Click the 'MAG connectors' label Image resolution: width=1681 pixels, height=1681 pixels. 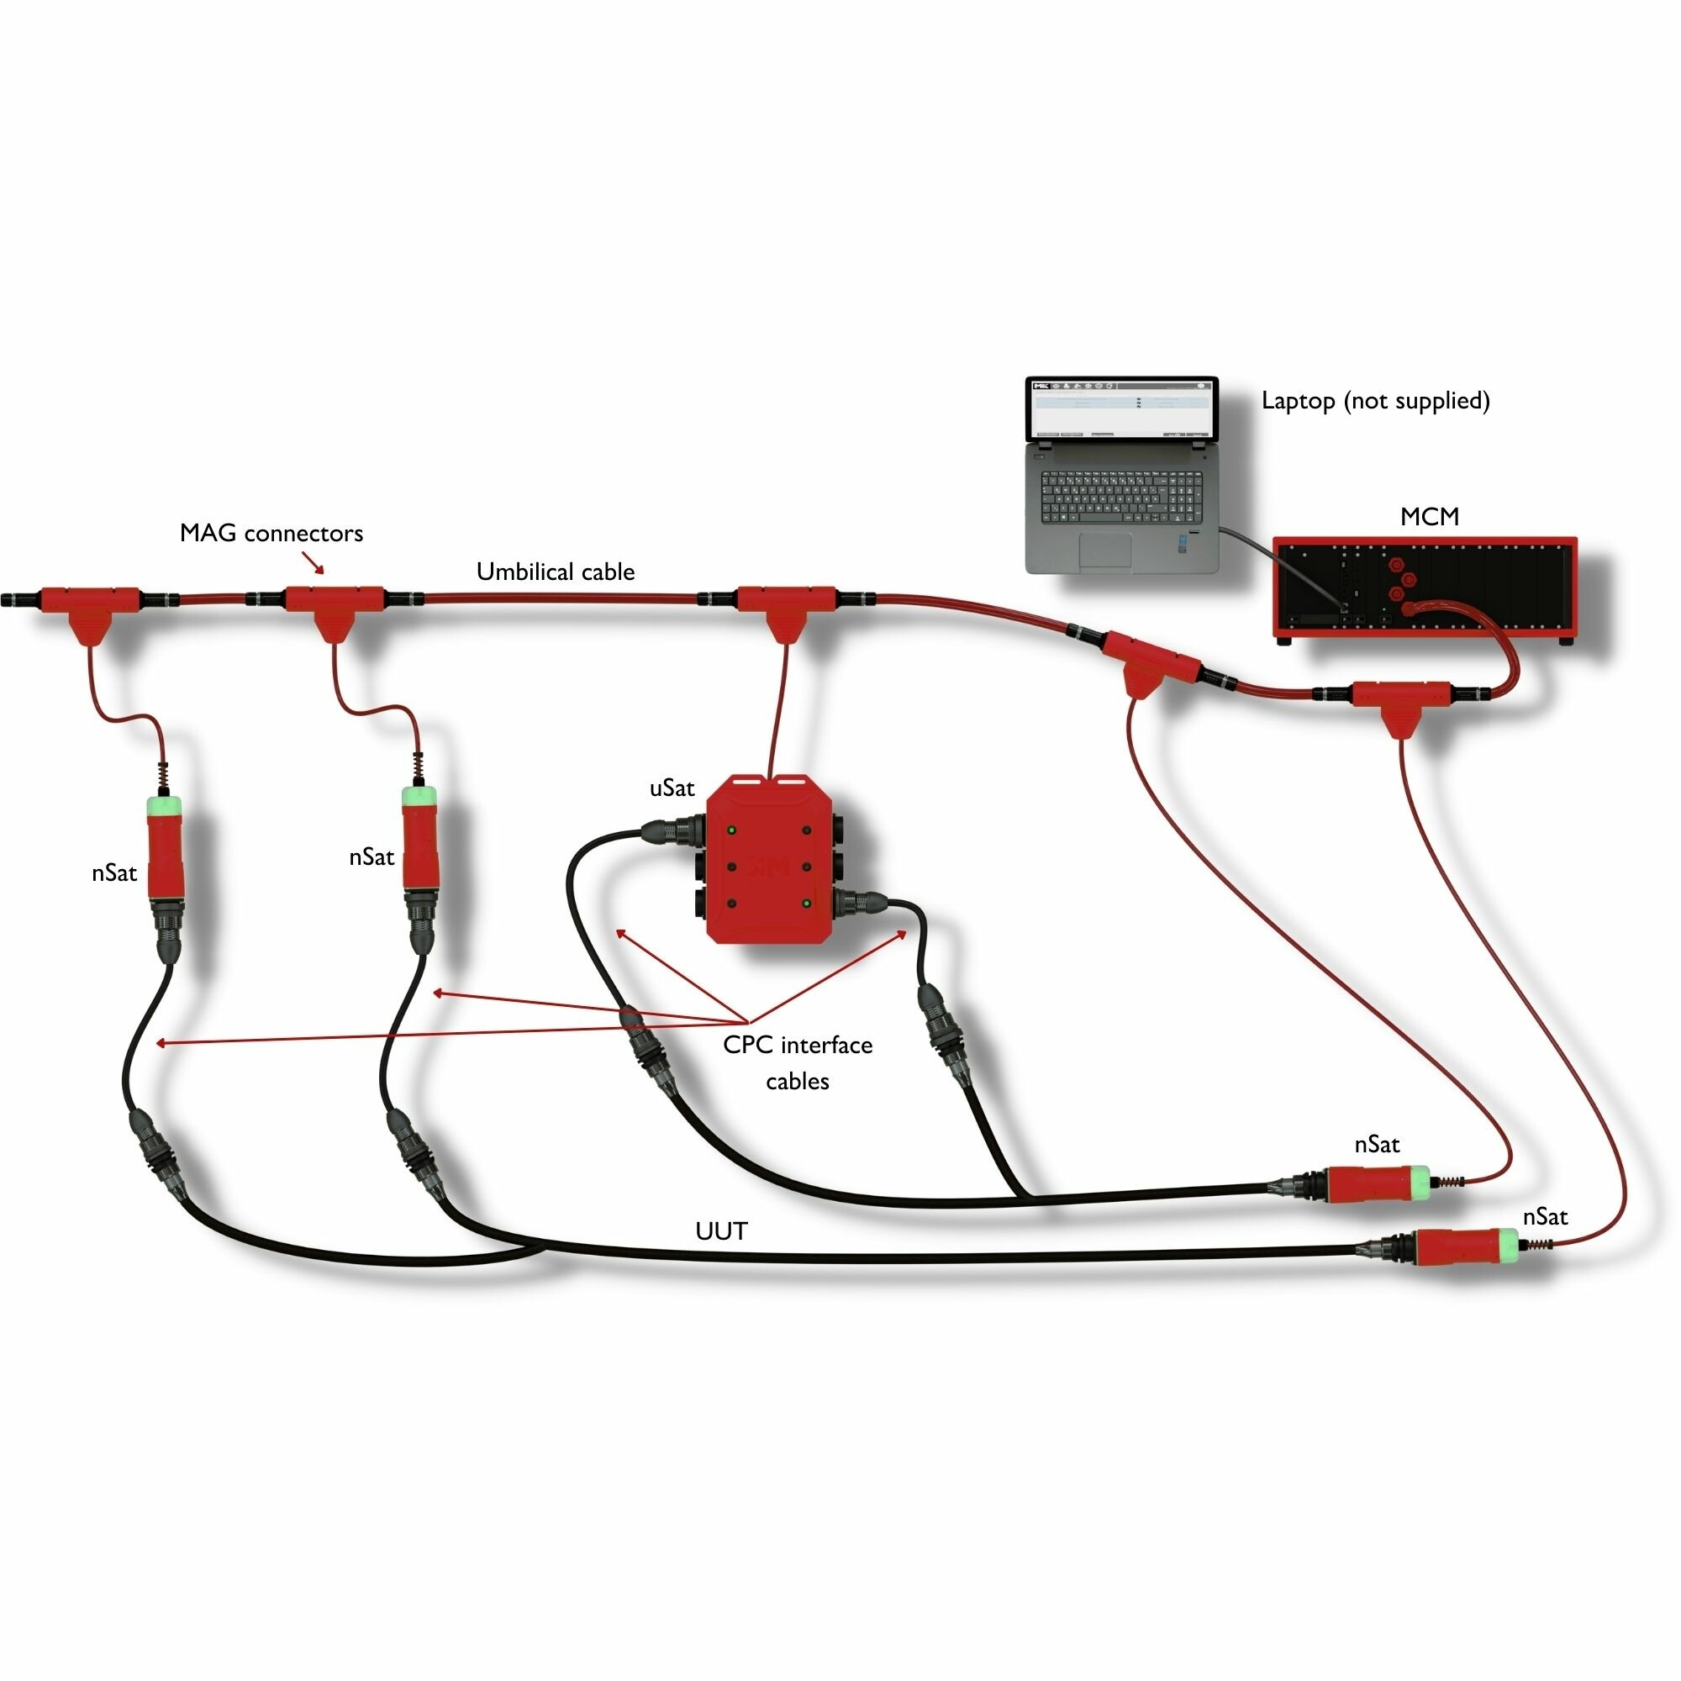(271, 534)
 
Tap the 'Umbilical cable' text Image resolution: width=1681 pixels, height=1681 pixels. (555, 572)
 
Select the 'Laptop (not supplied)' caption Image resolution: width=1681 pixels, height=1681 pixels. (1376, 401)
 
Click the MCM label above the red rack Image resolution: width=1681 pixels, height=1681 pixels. (1430, 517)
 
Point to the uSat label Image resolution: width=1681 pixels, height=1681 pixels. (672, 788)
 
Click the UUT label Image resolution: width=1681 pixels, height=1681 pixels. (721, 1231)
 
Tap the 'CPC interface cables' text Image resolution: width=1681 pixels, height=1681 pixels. (797, 1062)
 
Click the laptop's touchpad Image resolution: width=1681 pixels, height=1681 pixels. (1105, 550)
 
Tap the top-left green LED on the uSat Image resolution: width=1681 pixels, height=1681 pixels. (732, 830)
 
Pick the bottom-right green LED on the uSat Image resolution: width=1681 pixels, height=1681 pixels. (807, 904)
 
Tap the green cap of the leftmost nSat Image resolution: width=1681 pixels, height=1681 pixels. (162, 804)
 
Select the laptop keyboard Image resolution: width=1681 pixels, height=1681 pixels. (1121, 497)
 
